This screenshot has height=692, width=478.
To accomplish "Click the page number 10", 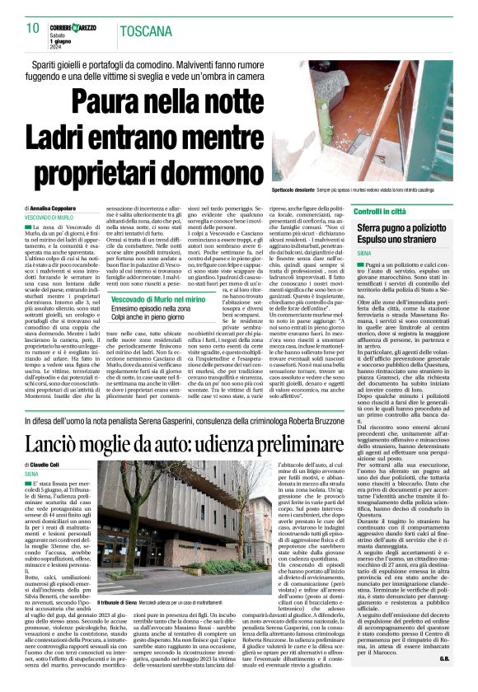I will tap(32, 29).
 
